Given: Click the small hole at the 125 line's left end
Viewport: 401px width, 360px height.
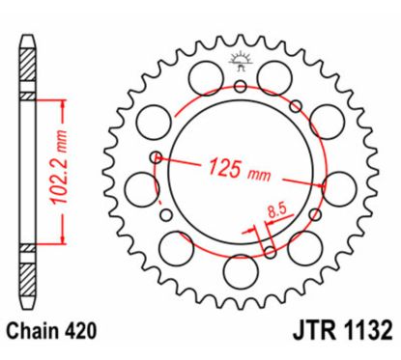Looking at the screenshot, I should pyautogui.click(x=155, y=156).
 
